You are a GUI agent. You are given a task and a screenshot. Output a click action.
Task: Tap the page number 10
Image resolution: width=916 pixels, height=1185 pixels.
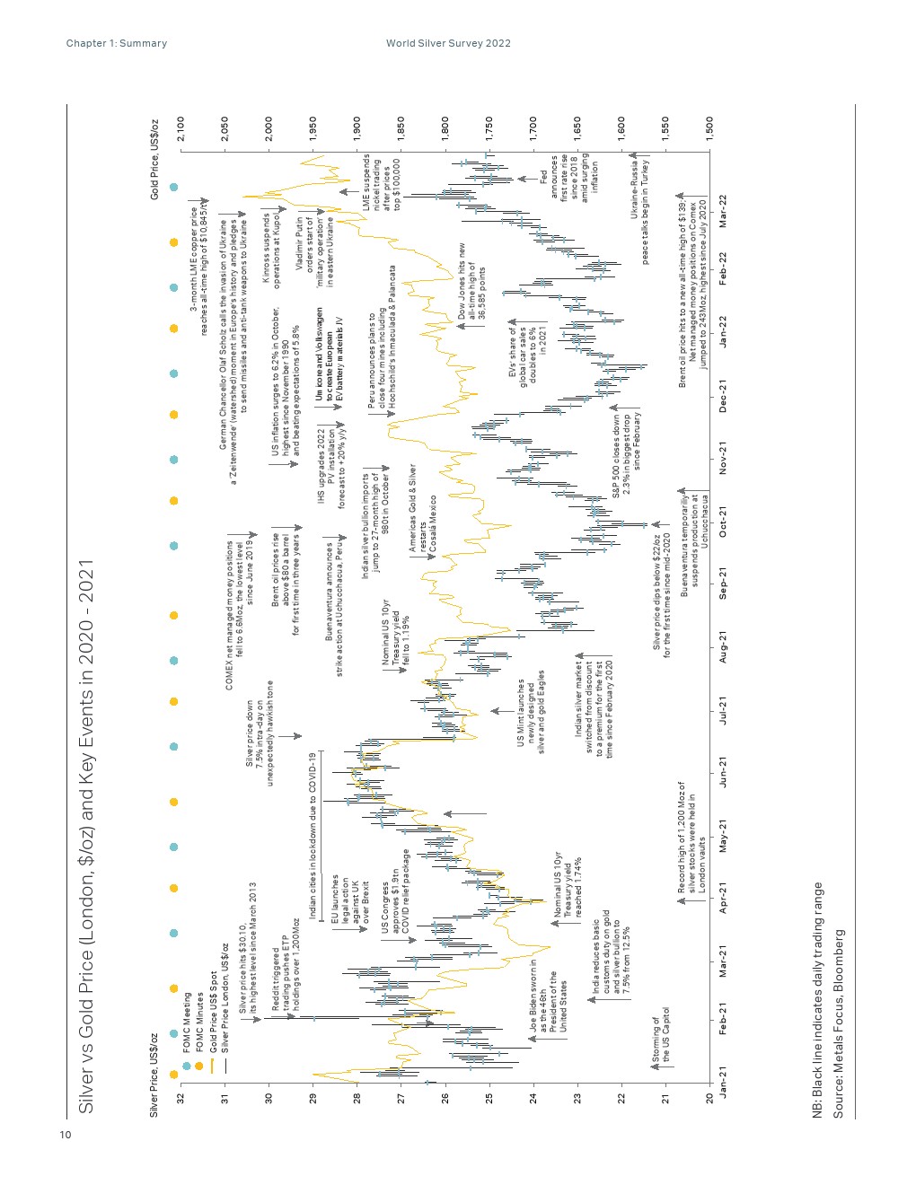pos(65,1136)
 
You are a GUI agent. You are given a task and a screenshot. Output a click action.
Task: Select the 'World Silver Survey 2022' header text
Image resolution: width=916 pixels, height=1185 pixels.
pos(448,43)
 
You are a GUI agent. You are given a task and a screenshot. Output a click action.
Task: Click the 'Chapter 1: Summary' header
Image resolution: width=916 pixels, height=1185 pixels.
pos(117,43)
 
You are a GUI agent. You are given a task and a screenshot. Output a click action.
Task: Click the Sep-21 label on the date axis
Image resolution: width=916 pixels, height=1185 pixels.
pos(723,586)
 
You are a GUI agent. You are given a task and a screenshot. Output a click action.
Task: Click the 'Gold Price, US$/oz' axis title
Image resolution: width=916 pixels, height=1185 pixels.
pos(154,159)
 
